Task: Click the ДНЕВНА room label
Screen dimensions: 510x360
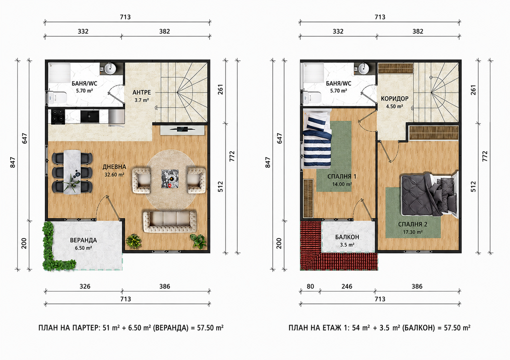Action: point(114,167)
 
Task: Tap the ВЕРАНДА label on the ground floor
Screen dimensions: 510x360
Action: point(83,240)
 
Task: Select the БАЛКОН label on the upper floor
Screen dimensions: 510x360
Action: point(347,237)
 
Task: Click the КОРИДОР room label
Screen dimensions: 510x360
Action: point(394,98)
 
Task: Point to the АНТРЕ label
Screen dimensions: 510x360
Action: point(142,92)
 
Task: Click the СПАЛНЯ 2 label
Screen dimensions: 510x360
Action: point(413,224)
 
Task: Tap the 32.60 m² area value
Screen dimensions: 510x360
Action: point(114,175)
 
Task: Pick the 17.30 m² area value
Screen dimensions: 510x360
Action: point(413,232)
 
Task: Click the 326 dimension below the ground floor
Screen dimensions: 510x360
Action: point(85,286)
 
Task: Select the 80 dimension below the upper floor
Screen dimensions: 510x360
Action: point(310,286)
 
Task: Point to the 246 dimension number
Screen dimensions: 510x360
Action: point(347,286)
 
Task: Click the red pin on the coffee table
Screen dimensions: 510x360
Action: point(170,186)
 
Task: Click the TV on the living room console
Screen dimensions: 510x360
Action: point(182,129)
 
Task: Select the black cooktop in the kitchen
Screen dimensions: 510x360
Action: point(58,116)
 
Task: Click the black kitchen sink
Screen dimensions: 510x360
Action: point(90,116)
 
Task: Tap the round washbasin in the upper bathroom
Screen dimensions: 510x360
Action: point(363,68)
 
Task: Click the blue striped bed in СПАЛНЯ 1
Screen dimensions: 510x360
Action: point(317,140)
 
